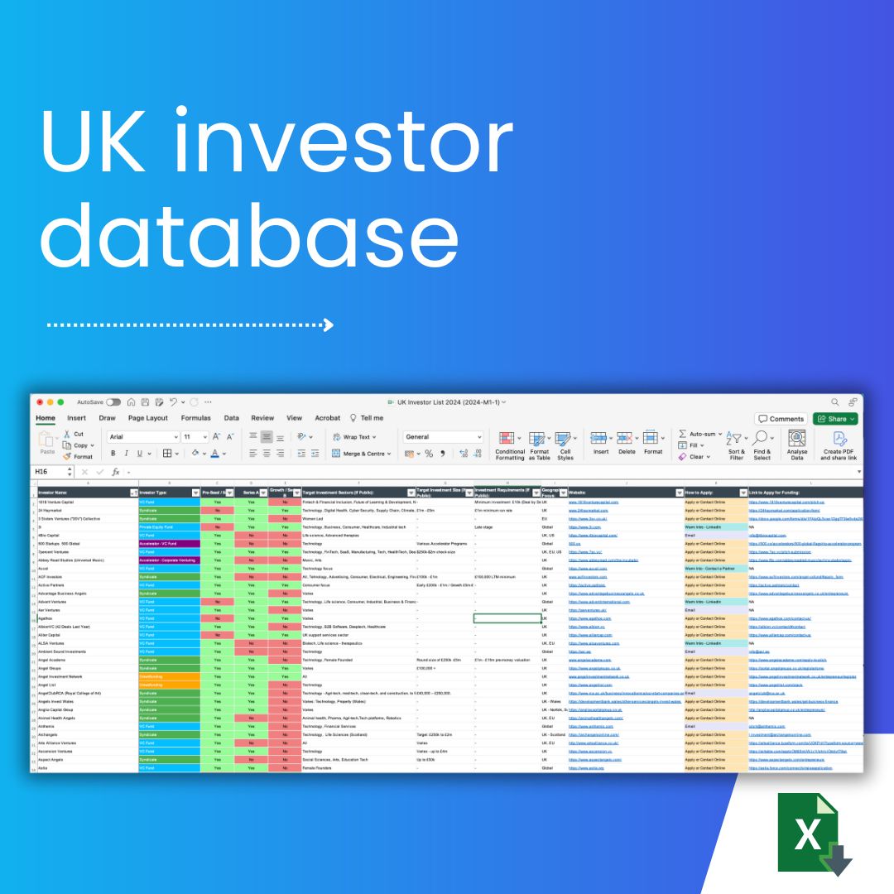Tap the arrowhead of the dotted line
click(328, 324)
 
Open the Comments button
click(781, 419)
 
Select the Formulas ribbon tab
click(195, 418)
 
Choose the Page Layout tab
click(147, 418)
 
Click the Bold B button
click(113, 454)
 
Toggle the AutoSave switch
click(113, 402)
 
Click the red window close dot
click(38, 402)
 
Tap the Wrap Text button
click(353, 437)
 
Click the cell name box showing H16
click(50, 472)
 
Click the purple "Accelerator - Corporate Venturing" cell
click(169, 560)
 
